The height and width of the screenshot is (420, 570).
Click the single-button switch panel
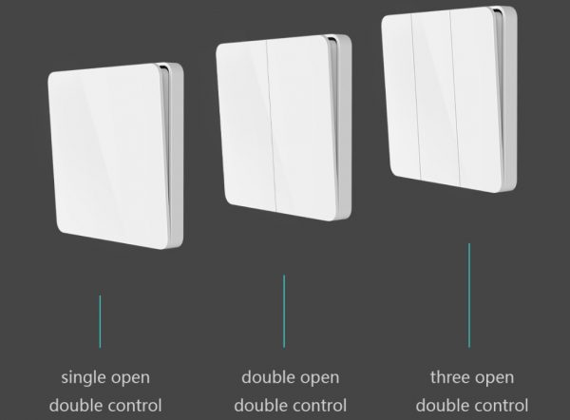click(x=116, y=157)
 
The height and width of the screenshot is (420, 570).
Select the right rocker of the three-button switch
click(x=476, y=99)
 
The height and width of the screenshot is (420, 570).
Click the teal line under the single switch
click(x=101, y=321)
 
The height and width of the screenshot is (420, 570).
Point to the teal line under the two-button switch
click(x=284, y=312)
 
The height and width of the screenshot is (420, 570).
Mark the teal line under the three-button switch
click(x=469, y=296)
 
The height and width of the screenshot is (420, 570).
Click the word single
click(x=84, y=378)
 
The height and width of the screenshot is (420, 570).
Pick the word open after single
click(x=131, y=379)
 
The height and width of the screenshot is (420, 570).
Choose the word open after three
click(x=495, y=379)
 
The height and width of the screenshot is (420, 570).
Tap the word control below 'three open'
click(x=500, y=406)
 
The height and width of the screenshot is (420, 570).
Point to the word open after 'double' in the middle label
click(x=320, y=379)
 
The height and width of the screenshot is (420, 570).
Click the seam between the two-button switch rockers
click(x=272, y=125)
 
